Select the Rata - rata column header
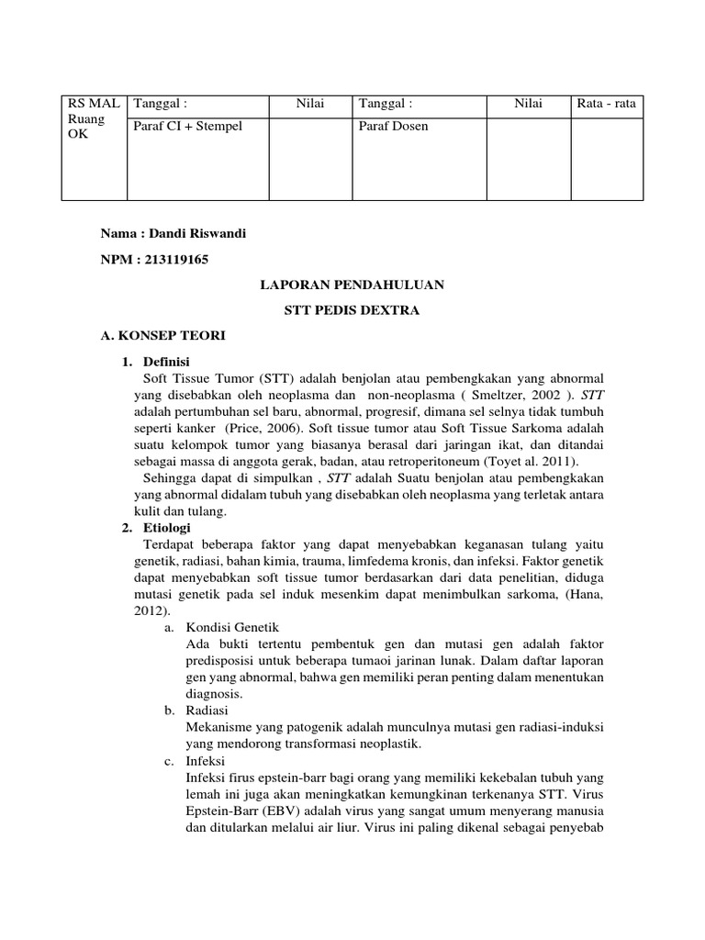(x=606, y=104)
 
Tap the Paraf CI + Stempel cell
(x=188, y=126)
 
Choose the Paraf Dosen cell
(x=394, y=126)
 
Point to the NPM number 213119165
(x=174, y=260)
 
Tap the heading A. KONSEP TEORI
(x=162, y=336)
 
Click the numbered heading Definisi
(x=166, y=362)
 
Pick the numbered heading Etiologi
(x=166, y=528)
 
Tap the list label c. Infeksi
(x=206, y=761)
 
